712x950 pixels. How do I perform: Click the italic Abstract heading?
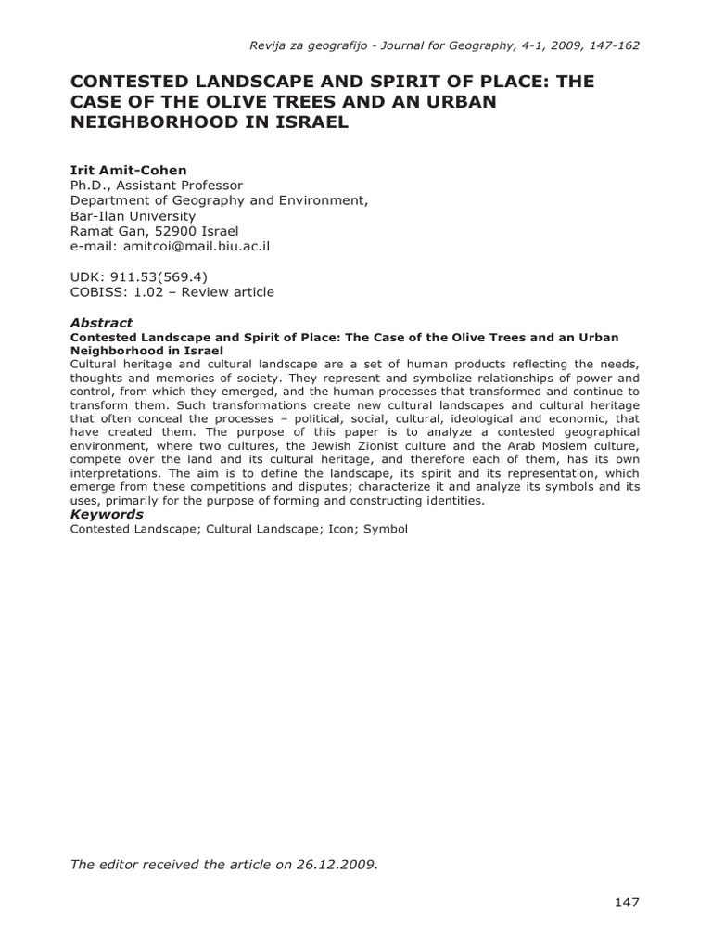101,323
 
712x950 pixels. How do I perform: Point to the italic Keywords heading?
107,514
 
